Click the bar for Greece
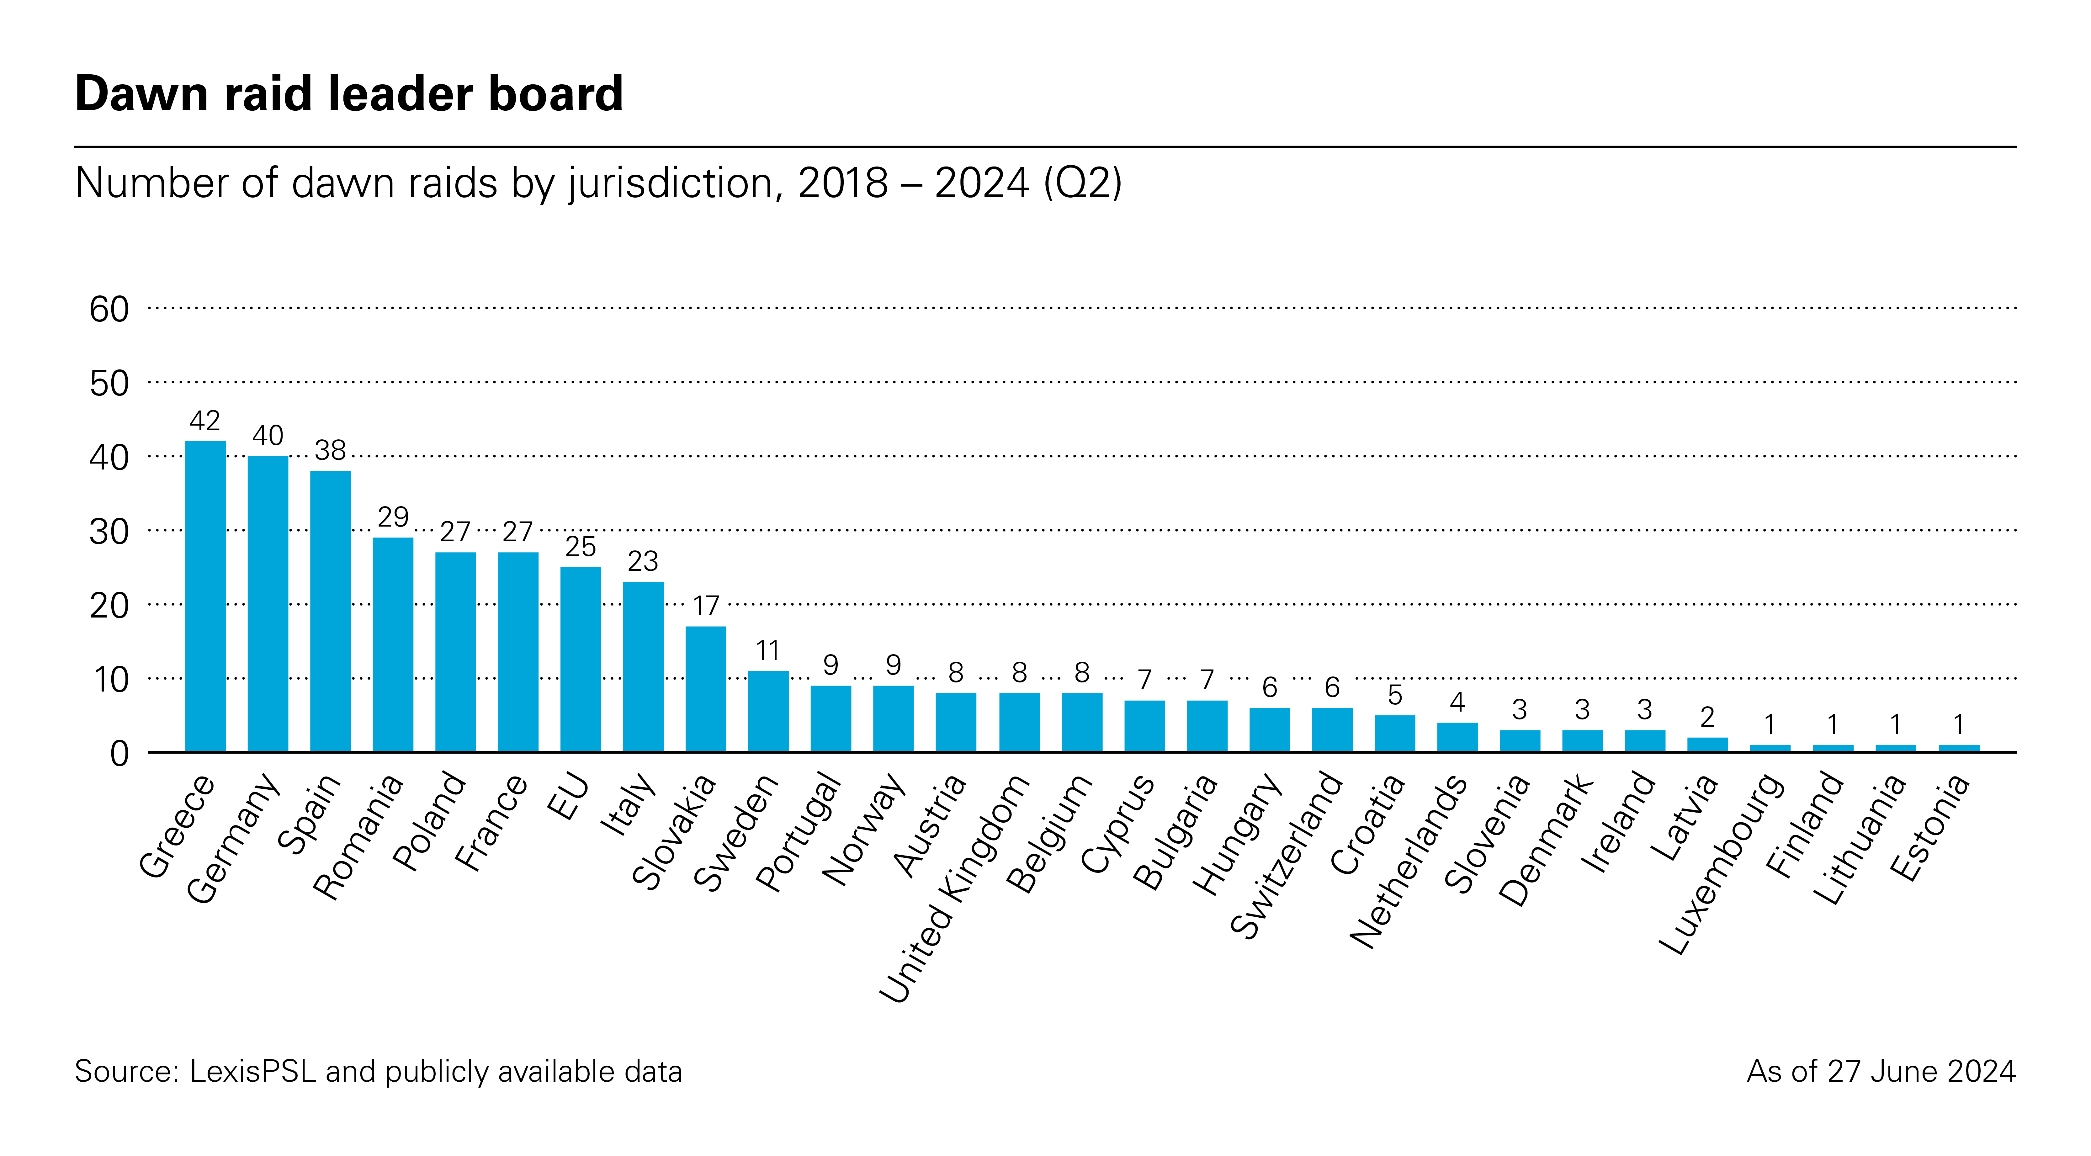(x=205, y=597)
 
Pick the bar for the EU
(x=581, y=659)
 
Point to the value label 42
(x=204, y=421)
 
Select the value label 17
(x=705, y=606)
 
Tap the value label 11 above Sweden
(x=768, y=650)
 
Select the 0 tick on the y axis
(x=119, y=754)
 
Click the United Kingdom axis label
(x=954, y=889)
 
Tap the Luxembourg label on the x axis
(x=1721, y=865)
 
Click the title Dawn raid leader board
(x=349, y=93)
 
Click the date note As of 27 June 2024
(x=1881, y=1072)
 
